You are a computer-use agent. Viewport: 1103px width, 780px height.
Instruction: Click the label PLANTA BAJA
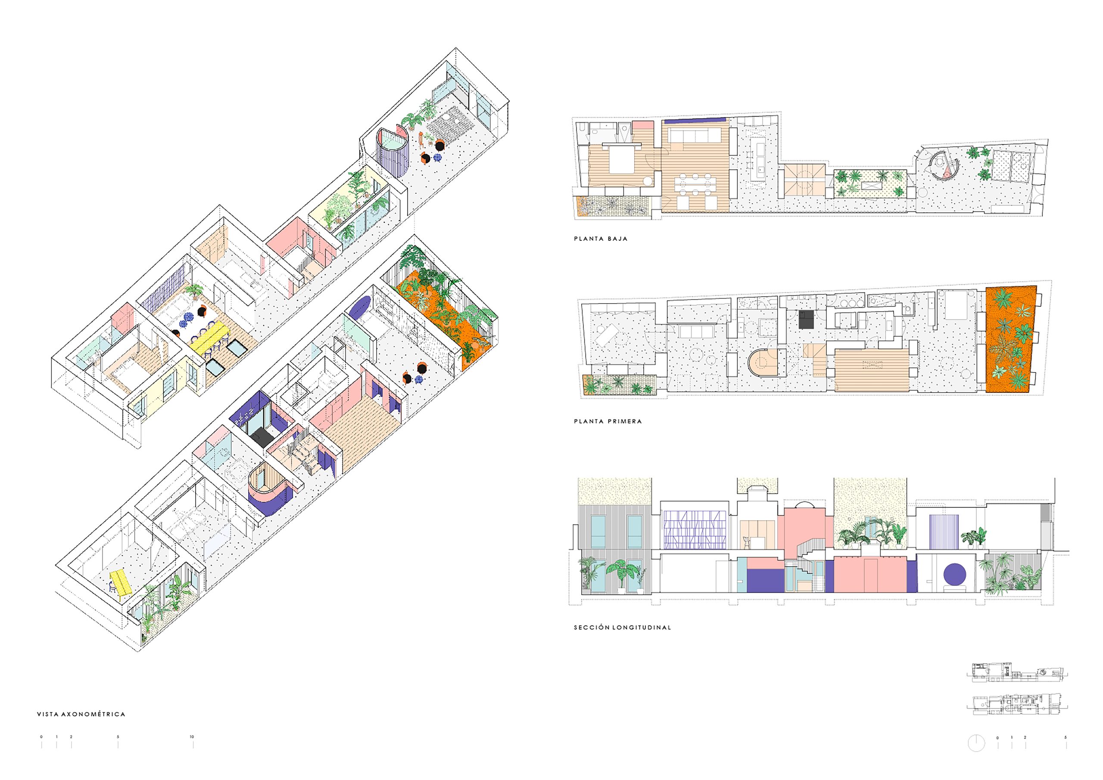pyautogui.click(x=601, y=239)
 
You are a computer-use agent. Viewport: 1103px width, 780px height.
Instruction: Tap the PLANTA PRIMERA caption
pyautogui.click(x=608, y=421)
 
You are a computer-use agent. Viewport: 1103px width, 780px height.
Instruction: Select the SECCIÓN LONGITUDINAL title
pyautogui.click(x=622, y=627)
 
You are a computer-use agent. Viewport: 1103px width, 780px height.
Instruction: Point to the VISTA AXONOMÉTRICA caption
pyautogui.click(x=81, y=714)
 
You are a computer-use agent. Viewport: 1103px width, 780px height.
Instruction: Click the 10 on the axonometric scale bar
pyautogui.click(x=192, y=737)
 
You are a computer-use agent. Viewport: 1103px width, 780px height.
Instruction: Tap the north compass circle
pyautogui.click(x=976, y=743)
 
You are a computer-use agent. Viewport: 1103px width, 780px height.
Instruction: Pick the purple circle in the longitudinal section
pyautogui.click(x=956, y=575)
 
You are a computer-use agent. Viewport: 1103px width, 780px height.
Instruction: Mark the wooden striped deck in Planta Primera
pyautogui.click(x=872, y=370)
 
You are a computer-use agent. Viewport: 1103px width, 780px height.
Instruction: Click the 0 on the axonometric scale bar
pyautogui.click(x=41, y=737)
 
